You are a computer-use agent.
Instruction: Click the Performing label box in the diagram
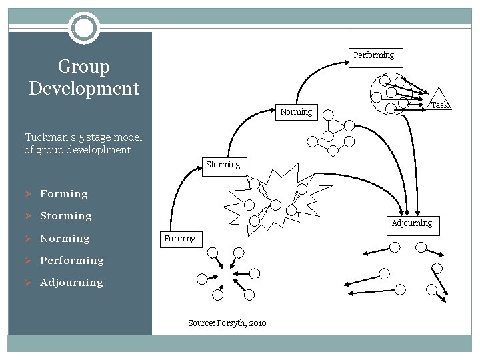point(373,55)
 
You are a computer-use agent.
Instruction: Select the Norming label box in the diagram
point(296,112)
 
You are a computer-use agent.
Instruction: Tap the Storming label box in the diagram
point(223,165)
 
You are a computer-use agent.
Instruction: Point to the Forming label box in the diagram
point(180,239)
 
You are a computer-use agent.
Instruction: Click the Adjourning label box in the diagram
point(411,223)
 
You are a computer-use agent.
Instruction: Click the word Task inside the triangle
point(439,105)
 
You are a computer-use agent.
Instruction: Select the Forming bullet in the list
point(64,194)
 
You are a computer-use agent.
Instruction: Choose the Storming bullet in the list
point(66,216)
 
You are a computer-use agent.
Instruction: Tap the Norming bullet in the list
point(65,239)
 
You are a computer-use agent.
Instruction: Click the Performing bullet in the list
point(72,261)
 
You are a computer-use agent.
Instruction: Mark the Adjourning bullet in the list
point(71,283)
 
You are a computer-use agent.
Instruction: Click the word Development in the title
point(84,89)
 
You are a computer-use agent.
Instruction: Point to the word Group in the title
point(84,67)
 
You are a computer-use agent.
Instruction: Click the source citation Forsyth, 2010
point(227,323)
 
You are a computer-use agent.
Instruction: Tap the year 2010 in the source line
point(257,323)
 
